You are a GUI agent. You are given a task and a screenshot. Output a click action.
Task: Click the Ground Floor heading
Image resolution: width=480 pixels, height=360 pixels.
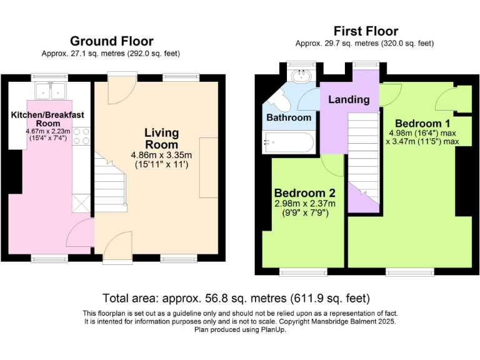point(112,41)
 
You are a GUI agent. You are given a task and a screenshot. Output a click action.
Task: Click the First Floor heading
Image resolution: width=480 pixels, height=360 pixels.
point(366,31)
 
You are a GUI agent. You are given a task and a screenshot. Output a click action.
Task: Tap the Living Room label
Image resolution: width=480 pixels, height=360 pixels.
point(162,138)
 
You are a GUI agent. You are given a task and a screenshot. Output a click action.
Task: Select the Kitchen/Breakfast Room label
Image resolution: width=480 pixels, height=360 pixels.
point(47,119)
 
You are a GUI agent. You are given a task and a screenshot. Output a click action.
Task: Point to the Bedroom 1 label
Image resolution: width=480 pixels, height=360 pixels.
point(422,123)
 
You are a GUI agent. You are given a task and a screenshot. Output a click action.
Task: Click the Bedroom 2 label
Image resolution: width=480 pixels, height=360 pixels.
point(305,193)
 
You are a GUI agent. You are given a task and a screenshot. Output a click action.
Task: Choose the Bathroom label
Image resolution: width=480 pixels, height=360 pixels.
point(289,117)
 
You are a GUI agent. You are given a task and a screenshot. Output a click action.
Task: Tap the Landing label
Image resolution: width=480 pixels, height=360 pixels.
point(349,99)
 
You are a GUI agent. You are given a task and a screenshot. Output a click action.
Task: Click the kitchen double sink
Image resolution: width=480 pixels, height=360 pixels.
point(51,91)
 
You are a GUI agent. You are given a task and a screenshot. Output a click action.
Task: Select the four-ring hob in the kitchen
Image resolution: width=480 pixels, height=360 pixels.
point(82,136)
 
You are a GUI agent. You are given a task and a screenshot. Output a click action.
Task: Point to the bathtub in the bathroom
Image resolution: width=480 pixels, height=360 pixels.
point(288,142)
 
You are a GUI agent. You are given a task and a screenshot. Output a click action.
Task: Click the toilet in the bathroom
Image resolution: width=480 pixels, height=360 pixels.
point(279,101)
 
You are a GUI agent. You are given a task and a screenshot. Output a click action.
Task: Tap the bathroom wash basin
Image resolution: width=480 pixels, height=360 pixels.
point(301,76)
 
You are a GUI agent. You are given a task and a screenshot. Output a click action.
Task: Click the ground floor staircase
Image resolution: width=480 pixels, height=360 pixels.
point(110,184)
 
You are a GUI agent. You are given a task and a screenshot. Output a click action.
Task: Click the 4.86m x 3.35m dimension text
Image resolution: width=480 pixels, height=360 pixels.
point(162,155)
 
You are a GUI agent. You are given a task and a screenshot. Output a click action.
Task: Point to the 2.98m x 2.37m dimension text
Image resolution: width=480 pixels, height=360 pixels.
point(305,203)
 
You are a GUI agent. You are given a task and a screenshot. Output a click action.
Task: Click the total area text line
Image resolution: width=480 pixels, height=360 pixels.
point(236,298)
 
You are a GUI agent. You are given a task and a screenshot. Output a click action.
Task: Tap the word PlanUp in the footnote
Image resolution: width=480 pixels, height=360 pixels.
point(272,330)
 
